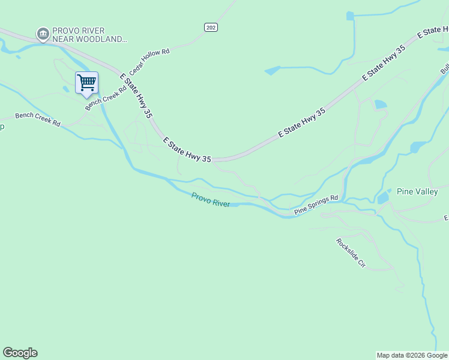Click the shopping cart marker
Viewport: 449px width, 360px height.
pos(86,83)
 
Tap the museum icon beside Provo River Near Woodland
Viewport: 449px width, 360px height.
pos(43,34)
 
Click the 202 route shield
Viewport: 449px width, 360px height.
pos(210,28)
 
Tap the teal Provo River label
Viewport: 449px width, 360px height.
pos(210,199)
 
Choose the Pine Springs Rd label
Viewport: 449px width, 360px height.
pos(316,204)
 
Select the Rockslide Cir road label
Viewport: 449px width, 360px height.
pos(351,253)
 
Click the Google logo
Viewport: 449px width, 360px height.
pos(20,353)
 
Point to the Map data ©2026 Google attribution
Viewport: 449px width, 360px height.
pos(412,355)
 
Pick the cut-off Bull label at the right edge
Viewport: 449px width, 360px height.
pos(445,67)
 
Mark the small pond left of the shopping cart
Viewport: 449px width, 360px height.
pos(65,89)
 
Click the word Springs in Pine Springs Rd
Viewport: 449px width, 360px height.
pos(317,204)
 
